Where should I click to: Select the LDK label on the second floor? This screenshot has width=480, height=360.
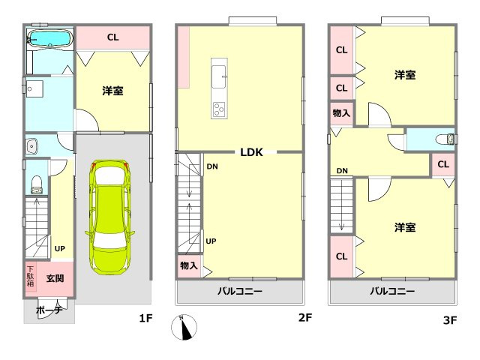[x=250, y=152]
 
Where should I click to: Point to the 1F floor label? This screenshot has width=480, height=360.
[x=145, y=319]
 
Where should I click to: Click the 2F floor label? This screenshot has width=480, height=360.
[x=304, y=319]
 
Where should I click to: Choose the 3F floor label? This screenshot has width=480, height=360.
[x=449, y=320]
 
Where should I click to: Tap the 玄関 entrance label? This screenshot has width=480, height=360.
[x=55, y=278]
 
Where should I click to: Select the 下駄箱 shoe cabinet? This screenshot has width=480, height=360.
[x=31, y=276]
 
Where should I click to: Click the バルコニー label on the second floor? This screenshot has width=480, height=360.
[x=240, y=291]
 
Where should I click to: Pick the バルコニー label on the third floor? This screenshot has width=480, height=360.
[x=391, y=291]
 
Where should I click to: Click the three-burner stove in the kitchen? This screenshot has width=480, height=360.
[x=219, y=109]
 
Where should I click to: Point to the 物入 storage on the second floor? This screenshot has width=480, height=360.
[x=189, y=265]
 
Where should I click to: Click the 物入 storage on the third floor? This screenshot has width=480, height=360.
[x=341, y=113]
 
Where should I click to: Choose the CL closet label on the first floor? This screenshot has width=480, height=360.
[x=112, y=37]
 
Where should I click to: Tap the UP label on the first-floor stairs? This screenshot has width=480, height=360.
[x=58, y=248]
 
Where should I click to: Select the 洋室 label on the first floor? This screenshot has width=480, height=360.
[x=112, y=90]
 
